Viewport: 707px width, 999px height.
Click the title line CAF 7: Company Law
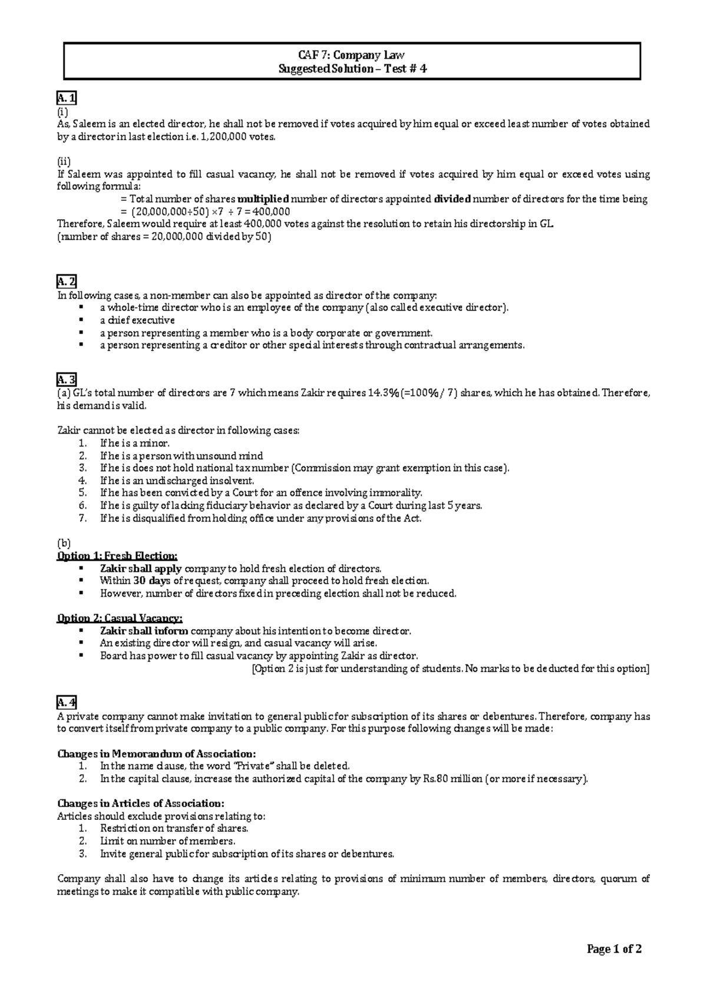[x=351, y=55]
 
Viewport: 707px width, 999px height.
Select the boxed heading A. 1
[x=66, y=98]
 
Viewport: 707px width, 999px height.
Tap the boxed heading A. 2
[x=66, y=282]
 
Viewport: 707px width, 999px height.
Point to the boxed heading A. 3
[x=66, y=381]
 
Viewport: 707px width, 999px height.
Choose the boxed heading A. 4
[x=66, y=703]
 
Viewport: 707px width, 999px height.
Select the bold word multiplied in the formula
[x=263, y=199]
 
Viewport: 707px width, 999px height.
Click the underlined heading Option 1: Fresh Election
[x=117, y=556]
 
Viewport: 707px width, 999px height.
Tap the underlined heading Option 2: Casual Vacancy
[x=120, y=618]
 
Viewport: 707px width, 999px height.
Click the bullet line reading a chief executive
[x=137, y=320]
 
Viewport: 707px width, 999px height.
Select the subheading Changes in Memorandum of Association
[x=156, y=754]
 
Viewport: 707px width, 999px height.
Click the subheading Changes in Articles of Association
[x=140, y=803]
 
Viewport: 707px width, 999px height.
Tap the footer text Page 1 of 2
[x=614, y=949]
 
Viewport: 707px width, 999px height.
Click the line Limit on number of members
[x=167, y=841]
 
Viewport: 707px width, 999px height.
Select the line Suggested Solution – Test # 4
[x=352, y=69]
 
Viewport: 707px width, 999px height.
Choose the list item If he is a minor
[x=135, y=443]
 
